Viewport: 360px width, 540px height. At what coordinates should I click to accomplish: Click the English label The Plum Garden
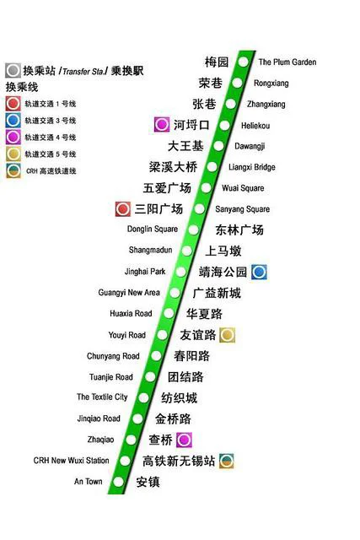pyautogui.click(x=287, y=62)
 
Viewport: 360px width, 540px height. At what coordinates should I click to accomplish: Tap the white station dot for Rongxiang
pyautogui.click(x=239, y=83)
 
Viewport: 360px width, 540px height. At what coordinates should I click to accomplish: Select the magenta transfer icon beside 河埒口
pyautogui.click(x=161, y=125)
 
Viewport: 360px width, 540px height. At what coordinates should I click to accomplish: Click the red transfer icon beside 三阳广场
pyautogui.click(x=123, y=208)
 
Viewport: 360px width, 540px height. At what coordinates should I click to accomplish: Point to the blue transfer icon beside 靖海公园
pyautogui.click(x=260, y=272)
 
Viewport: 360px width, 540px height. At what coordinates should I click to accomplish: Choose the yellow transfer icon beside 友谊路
pyautogui.click(x=227, y=335)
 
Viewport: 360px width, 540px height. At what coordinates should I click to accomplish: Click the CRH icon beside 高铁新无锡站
pyautogui.click(x=226, y=461)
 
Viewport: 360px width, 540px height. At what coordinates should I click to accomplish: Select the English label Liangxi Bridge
pyautogui.click(x=251, y=167)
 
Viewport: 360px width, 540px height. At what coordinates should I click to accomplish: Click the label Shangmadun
pyautogui.click(x=150, y=251)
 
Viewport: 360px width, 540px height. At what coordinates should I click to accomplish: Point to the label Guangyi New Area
pyautogui.click(x=129, y=293)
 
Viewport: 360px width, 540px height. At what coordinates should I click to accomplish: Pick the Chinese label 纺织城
pyautogui.click(x=180, y=397)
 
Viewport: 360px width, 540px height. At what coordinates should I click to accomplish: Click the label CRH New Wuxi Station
pyautogui.click(x=71, y=461)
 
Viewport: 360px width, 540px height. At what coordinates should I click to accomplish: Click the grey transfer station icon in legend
pyautogui.click(x=13, y=72)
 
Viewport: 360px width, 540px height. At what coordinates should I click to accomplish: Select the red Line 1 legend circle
pyautogui.click(x=13, y=104)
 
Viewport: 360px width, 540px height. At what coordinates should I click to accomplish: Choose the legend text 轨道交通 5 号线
pyautogui.click(x=51, y=154)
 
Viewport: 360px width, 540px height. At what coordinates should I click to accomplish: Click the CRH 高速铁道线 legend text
pyautogui.click(x=52, y=171)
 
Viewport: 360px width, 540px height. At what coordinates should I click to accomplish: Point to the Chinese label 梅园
pyautogui.click(x=217, y=62)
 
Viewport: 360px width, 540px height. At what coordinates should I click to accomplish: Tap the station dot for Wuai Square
pyautogui.click(x=205, y=187)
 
